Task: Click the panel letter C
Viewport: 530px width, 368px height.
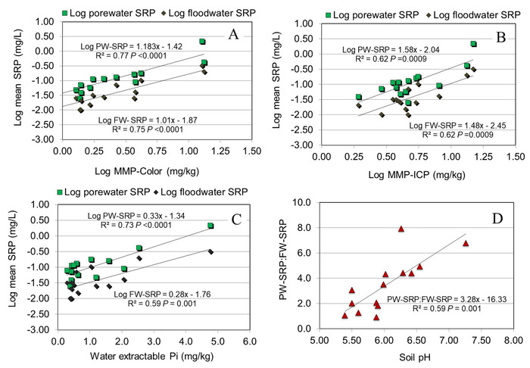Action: click(x=235, y=220)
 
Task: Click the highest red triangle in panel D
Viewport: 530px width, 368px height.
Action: click(x=401, y=228)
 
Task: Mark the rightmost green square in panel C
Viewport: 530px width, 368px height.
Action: click(x=210, y=226)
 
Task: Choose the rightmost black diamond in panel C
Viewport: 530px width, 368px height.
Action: click(x=210, y=251)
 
